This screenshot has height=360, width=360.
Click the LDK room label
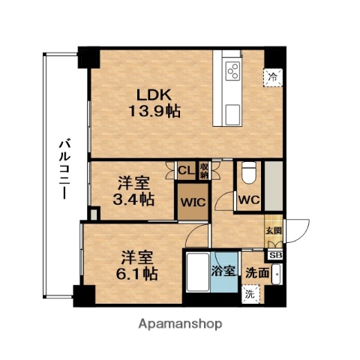click(154, 95)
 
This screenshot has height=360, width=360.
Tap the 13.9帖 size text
click(154, 110)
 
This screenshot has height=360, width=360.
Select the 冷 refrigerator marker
click(273, 76)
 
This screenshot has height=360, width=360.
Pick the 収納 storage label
click(203, 170)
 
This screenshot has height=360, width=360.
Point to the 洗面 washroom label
click(257, 273)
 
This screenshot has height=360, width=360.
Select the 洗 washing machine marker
click(250, 295)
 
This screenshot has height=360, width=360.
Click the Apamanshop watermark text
click(180, 324)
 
